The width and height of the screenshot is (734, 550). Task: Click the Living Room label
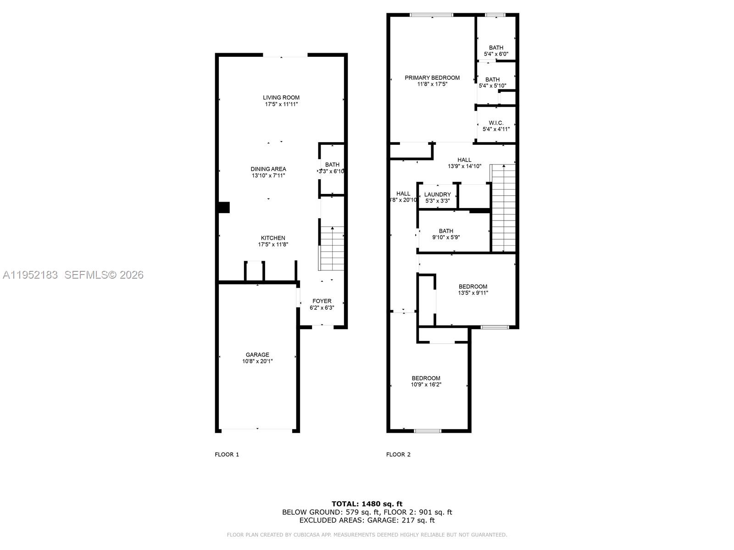point(281,97)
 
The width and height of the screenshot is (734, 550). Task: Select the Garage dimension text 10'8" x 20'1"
point(257,361)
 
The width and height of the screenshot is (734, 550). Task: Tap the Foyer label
point(322,301)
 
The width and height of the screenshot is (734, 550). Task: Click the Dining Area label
point(268,169)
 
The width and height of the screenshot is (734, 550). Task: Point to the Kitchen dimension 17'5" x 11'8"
point(273,245)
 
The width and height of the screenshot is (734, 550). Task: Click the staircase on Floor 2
point(504,209)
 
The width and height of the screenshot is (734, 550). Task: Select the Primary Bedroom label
point(432,78)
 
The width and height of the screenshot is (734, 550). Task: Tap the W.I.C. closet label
point(496,123)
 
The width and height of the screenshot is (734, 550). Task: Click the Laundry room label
point(437,194)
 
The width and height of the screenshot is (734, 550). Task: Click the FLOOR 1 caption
point(227,455)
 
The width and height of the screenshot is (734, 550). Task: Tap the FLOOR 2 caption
point(398,455)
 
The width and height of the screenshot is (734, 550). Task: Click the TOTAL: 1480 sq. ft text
point(367,504)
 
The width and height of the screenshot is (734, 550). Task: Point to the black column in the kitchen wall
point(224,208)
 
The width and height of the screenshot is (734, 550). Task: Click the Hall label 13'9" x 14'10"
point(464,163)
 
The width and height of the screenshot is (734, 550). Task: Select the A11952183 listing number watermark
point(30,275)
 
